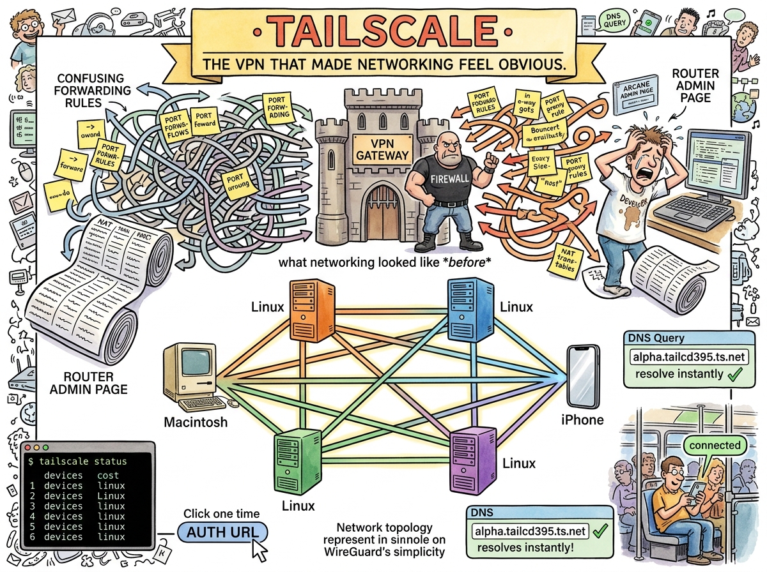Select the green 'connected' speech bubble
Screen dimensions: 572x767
tap(715, 446)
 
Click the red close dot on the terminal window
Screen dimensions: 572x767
tap(27, 449)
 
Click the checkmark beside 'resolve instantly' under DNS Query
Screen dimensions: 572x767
tap(734, 373)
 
